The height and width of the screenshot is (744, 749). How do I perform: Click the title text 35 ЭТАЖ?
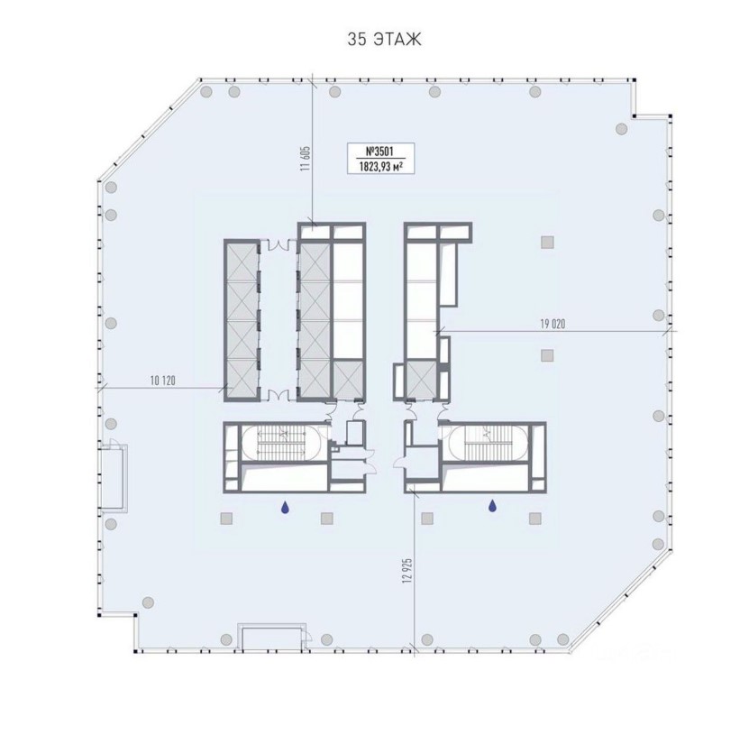pos(385,40)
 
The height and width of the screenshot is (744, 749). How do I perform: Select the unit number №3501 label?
pos(379,152)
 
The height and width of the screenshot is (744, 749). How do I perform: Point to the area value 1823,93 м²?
pos(379,166)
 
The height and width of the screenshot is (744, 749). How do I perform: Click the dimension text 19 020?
pos(553,324)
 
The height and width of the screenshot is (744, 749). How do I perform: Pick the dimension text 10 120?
pos(163,381)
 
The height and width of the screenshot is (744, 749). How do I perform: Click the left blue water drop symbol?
pos(285,507)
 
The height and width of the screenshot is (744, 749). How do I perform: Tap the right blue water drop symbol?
pos(492,506)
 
